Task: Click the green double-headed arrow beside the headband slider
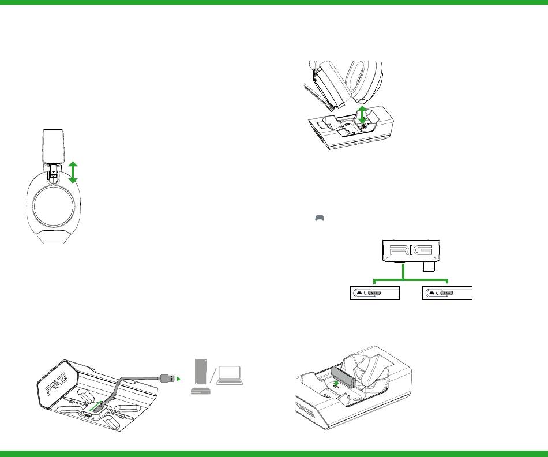73,173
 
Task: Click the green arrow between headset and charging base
362,114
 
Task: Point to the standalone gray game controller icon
320,218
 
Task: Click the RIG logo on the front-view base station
411,250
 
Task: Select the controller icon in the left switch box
359,293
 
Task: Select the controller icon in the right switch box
431,293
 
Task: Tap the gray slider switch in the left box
374,293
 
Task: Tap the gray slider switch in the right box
446,293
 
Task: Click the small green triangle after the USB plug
179,379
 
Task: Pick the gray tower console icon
201,372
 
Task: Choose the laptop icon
230,376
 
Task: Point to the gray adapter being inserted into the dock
343,377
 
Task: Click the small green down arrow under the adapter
336,384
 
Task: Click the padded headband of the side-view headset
53,146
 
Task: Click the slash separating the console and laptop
213,376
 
